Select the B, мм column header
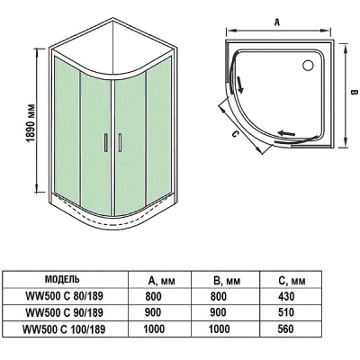click(x=227, y=278)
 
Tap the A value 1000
click(x=154, y=328)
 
